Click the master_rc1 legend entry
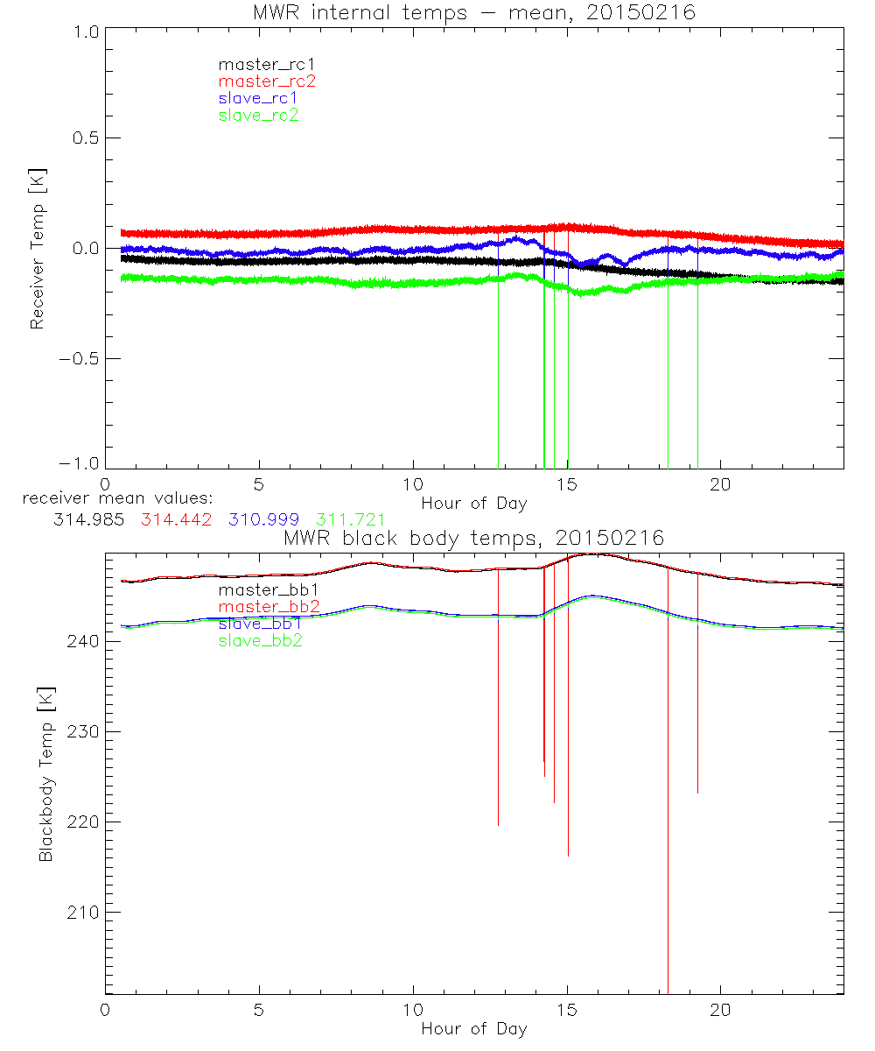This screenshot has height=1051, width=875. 258,64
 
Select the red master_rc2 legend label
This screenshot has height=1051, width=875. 267,81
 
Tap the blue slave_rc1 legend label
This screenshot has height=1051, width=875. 258,98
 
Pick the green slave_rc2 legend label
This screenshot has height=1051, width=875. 258,115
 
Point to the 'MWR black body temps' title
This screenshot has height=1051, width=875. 473,538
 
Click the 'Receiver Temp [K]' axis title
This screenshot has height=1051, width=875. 37,249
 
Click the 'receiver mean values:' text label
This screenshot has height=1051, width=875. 111,498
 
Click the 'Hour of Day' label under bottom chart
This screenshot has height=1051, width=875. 473,1029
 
